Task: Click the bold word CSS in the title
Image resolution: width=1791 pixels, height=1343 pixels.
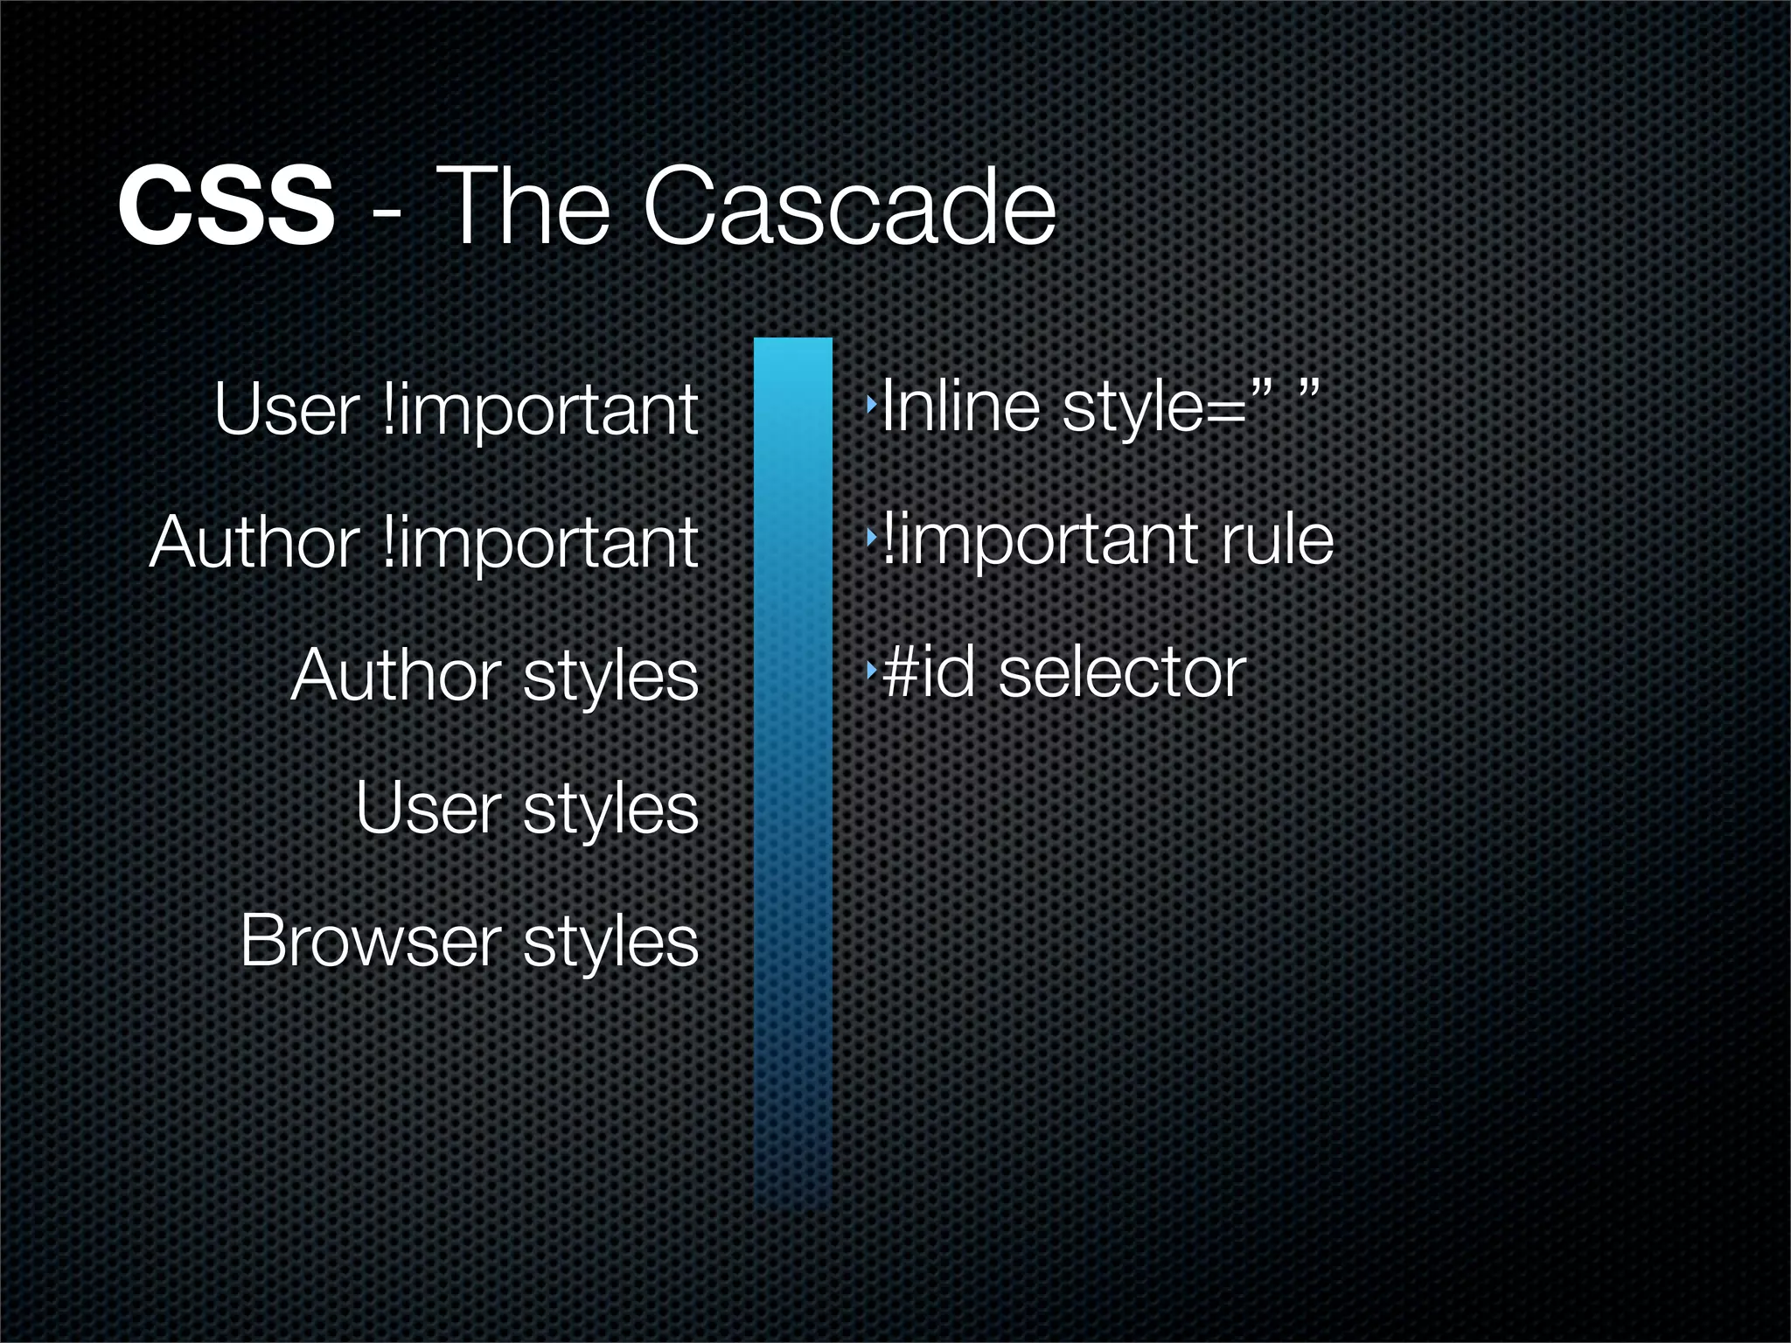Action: pyautogui.click(x=226, y=208)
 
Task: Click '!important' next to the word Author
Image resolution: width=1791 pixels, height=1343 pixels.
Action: pyautogui.click(x=540, y=542)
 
